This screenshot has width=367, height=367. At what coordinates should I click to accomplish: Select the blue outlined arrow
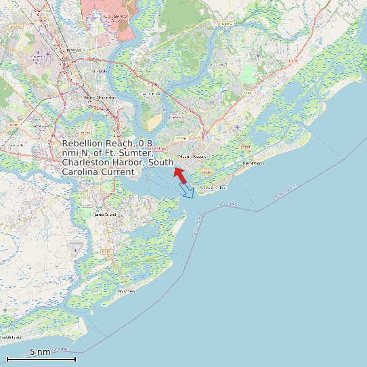pyautogui.click(x=187, y=191)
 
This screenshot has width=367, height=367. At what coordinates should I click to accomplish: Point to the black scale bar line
pyautogui.click(x=41, y=358)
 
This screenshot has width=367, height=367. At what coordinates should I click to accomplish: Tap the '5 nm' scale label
pyautogui.click(x=40, y=351)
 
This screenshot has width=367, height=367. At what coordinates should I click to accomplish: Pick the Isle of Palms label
pyautogui.click(x=253, y=163)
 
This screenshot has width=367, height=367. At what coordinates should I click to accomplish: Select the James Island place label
pyautogui.click(x=105, y=215)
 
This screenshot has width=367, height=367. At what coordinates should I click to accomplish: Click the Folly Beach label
pyautogui.click(x=127, y=291)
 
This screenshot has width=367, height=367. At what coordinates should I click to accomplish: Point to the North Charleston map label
pyautogui.click(x=100, y=98)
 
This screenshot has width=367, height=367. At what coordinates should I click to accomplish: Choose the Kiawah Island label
pyautogui.click(x=12, y=337)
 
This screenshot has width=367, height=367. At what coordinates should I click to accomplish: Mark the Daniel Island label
pyautogui.click(x=151, y=93)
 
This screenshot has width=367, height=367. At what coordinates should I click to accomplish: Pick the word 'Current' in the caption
pyautogui.click(x=118, y=172)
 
